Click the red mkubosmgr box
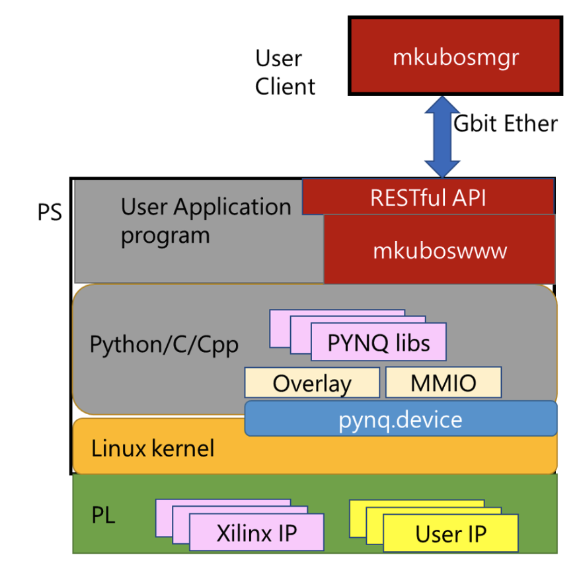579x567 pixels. click(x=455, y=57)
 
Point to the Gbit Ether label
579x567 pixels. click(x=506, y=124)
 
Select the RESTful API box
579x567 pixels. click(x=428, y=197)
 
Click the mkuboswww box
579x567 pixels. click(x=440, y=251)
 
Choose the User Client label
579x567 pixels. click(x=285, y=72)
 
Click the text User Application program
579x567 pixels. click(x=205, y=220)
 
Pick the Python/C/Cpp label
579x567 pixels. click(x=164, y=345)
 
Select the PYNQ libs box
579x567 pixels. click(x=379, y=343)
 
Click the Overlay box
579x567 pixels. click(x=312, y=383)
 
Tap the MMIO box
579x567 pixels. click(x=443, y=383)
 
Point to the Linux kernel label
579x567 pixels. click(x=153, y=449)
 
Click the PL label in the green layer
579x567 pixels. click(x=103, y=515)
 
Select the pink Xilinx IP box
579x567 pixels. click(x=256, y=533)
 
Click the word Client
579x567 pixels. click(x=285, y=86)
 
